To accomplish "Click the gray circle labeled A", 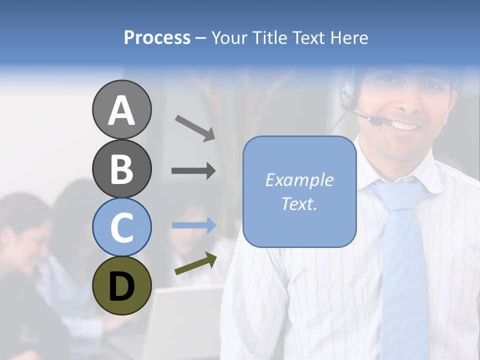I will pos(122,109).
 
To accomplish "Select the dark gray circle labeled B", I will pos(122,168).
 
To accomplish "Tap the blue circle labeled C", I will pos(122,227).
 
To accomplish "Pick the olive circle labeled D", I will pos(122,285).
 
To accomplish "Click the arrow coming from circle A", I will pos(195,127).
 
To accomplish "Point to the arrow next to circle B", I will pos(193,171).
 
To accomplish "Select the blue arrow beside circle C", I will pos(194,225).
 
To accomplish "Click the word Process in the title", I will pos(157,37).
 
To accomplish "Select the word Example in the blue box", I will pos(299,180).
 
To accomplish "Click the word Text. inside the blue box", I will pos(299,204).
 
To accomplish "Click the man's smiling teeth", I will pos(405,125).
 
